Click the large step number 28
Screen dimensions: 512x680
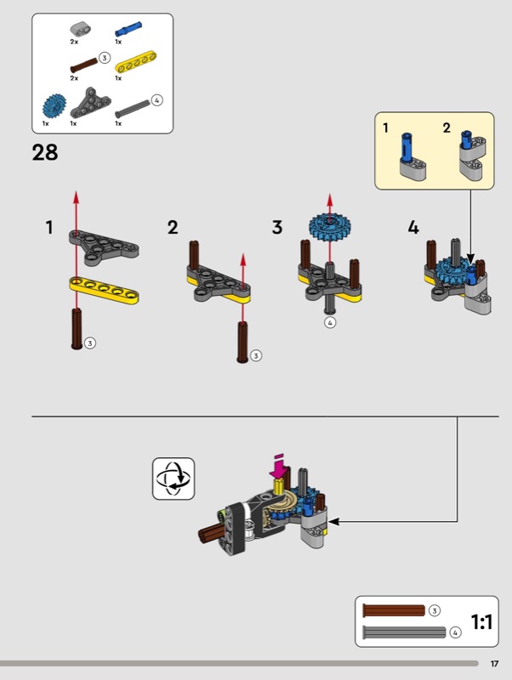coord(45,153)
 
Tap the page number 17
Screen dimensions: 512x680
coord(494,664)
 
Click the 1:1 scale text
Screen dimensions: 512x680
coord(481,622)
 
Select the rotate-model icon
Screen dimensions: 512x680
coord(174,479)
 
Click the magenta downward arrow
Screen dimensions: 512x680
coord(279,467)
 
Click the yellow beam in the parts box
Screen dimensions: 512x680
coord(136,62)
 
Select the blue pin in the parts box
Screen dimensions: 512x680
coord(128,30)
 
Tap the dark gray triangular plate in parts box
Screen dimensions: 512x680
coord(90,103)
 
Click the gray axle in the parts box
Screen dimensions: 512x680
coord(133,109)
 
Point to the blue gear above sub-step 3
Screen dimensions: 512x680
coord(330,225)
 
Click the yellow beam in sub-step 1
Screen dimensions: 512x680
coord(104,290)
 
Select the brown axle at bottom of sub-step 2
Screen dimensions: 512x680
coord(242,343)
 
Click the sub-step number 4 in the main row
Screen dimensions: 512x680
coord(413,228)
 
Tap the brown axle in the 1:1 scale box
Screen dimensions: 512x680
coord(394,610)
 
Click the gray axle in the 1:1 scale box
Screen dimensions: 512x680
coord(404,632)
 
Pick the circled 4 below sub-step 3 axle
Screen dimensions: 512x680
coord(330,323)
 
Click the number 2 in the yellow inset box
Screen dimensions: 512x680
coord(447,128)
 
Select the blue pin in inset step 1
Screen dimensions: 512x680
coord(407,146)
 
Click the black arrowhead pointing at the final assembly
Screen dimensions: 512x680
coord(333,522)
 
